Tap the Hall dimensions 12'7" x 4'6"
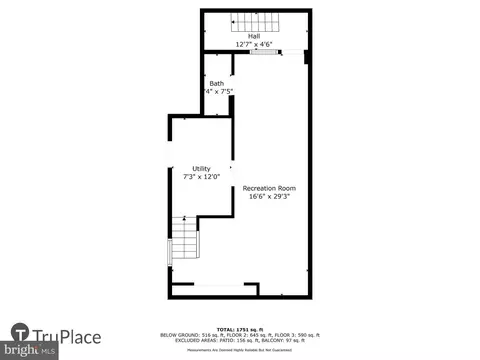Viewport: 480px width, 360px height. tap(255, 45)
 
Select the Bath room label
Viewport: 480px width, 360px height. tap(217, 83)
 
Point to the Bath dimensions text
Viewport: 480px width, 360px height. tap(219, 91)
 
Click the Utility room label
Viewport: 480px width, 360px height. tap(201, 168)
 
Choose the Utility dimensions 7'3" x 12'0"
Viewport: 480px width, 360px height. tap(201, 177)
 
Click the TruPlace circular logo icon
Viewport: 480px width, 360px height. tap(21, 335)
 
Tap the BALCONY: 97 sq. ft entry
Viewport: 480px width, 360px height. tap(295, 340)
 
